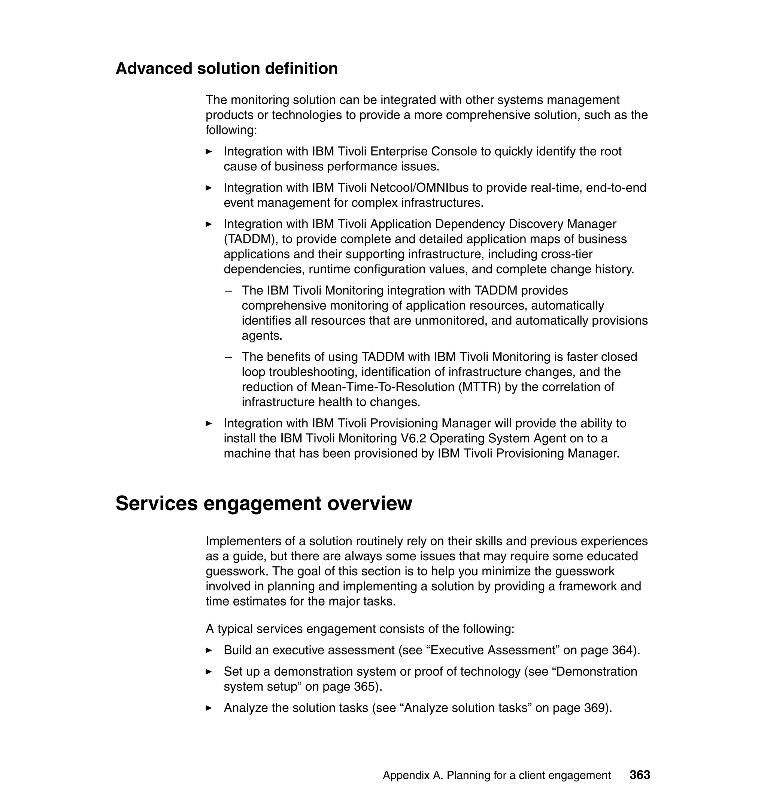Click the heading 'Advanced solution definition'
point(227,69)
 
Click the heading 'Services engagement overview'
point(264,503)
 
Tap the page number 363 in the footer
point(640,775)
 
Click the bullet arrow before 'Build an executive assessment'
point(209,651)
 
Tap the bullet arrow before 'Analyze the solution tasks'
point(209,708)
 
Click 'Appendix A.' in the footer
point(413,775)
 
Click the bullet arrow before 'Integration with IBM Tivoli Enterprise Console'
point(209,152)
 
